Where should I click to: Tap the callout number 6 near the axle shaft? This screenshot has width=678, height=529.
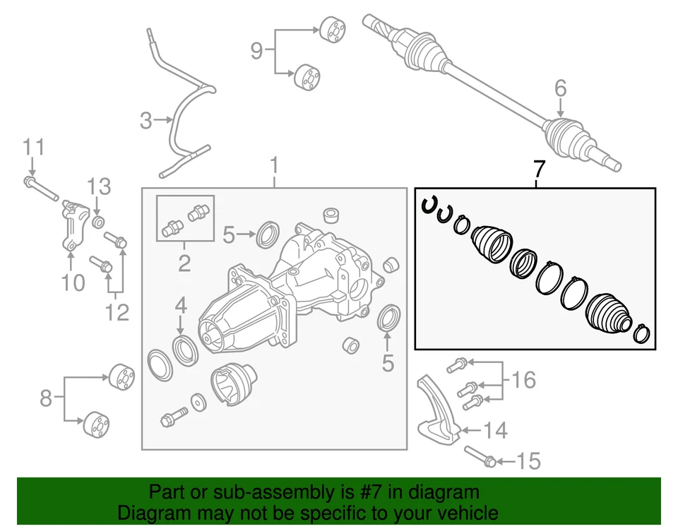pyautogui.click(x=560, y=88)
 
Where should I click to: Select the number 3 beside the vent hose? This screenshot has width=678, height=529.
pyautogui.click(x=145, y=121)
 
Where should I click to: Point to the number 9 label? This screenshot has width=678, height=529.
pyautogui.click(x=257, y=50)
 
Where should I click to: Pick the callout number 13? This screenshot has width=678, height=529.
pyautogui.click(x=99, y=187)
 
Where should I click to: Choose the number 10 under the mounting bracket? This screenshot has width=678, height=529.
pyautogui.click(x=73, y=283)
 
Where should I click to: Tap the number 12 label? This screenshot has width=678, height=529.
pyautogui.click(x=117, y=311)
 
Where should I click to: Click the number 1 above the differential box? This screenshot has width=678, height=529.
pyautogui.click(x=274, y=167)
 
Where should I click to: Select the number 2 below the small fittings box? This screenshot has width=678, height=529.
pyautogui.click(x=184, y=263)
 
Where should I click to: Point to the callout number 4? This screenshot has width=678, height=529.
pyautogui.click(x=181, y=305)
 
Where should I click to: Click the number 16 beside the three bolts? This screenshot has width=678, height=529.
pyautogui.click(x=523, y=381)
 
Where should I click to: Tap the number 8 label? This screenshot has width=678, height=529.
pyautogui.click(x=46, y=398)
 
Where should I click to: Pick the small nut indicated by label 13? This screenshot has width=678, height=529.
pyautogui.click(x=98, y=223)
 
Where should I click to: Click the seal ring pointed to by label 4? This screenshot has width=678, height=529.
pyautogui.click(x=184, y=348)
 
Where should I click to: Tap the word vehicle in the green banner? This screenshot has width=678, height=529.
pyautogui.click(x=463, y=513)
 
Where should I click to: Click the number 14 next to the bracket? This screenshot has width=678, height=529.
pyautogui.click(x=494, y=429)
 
